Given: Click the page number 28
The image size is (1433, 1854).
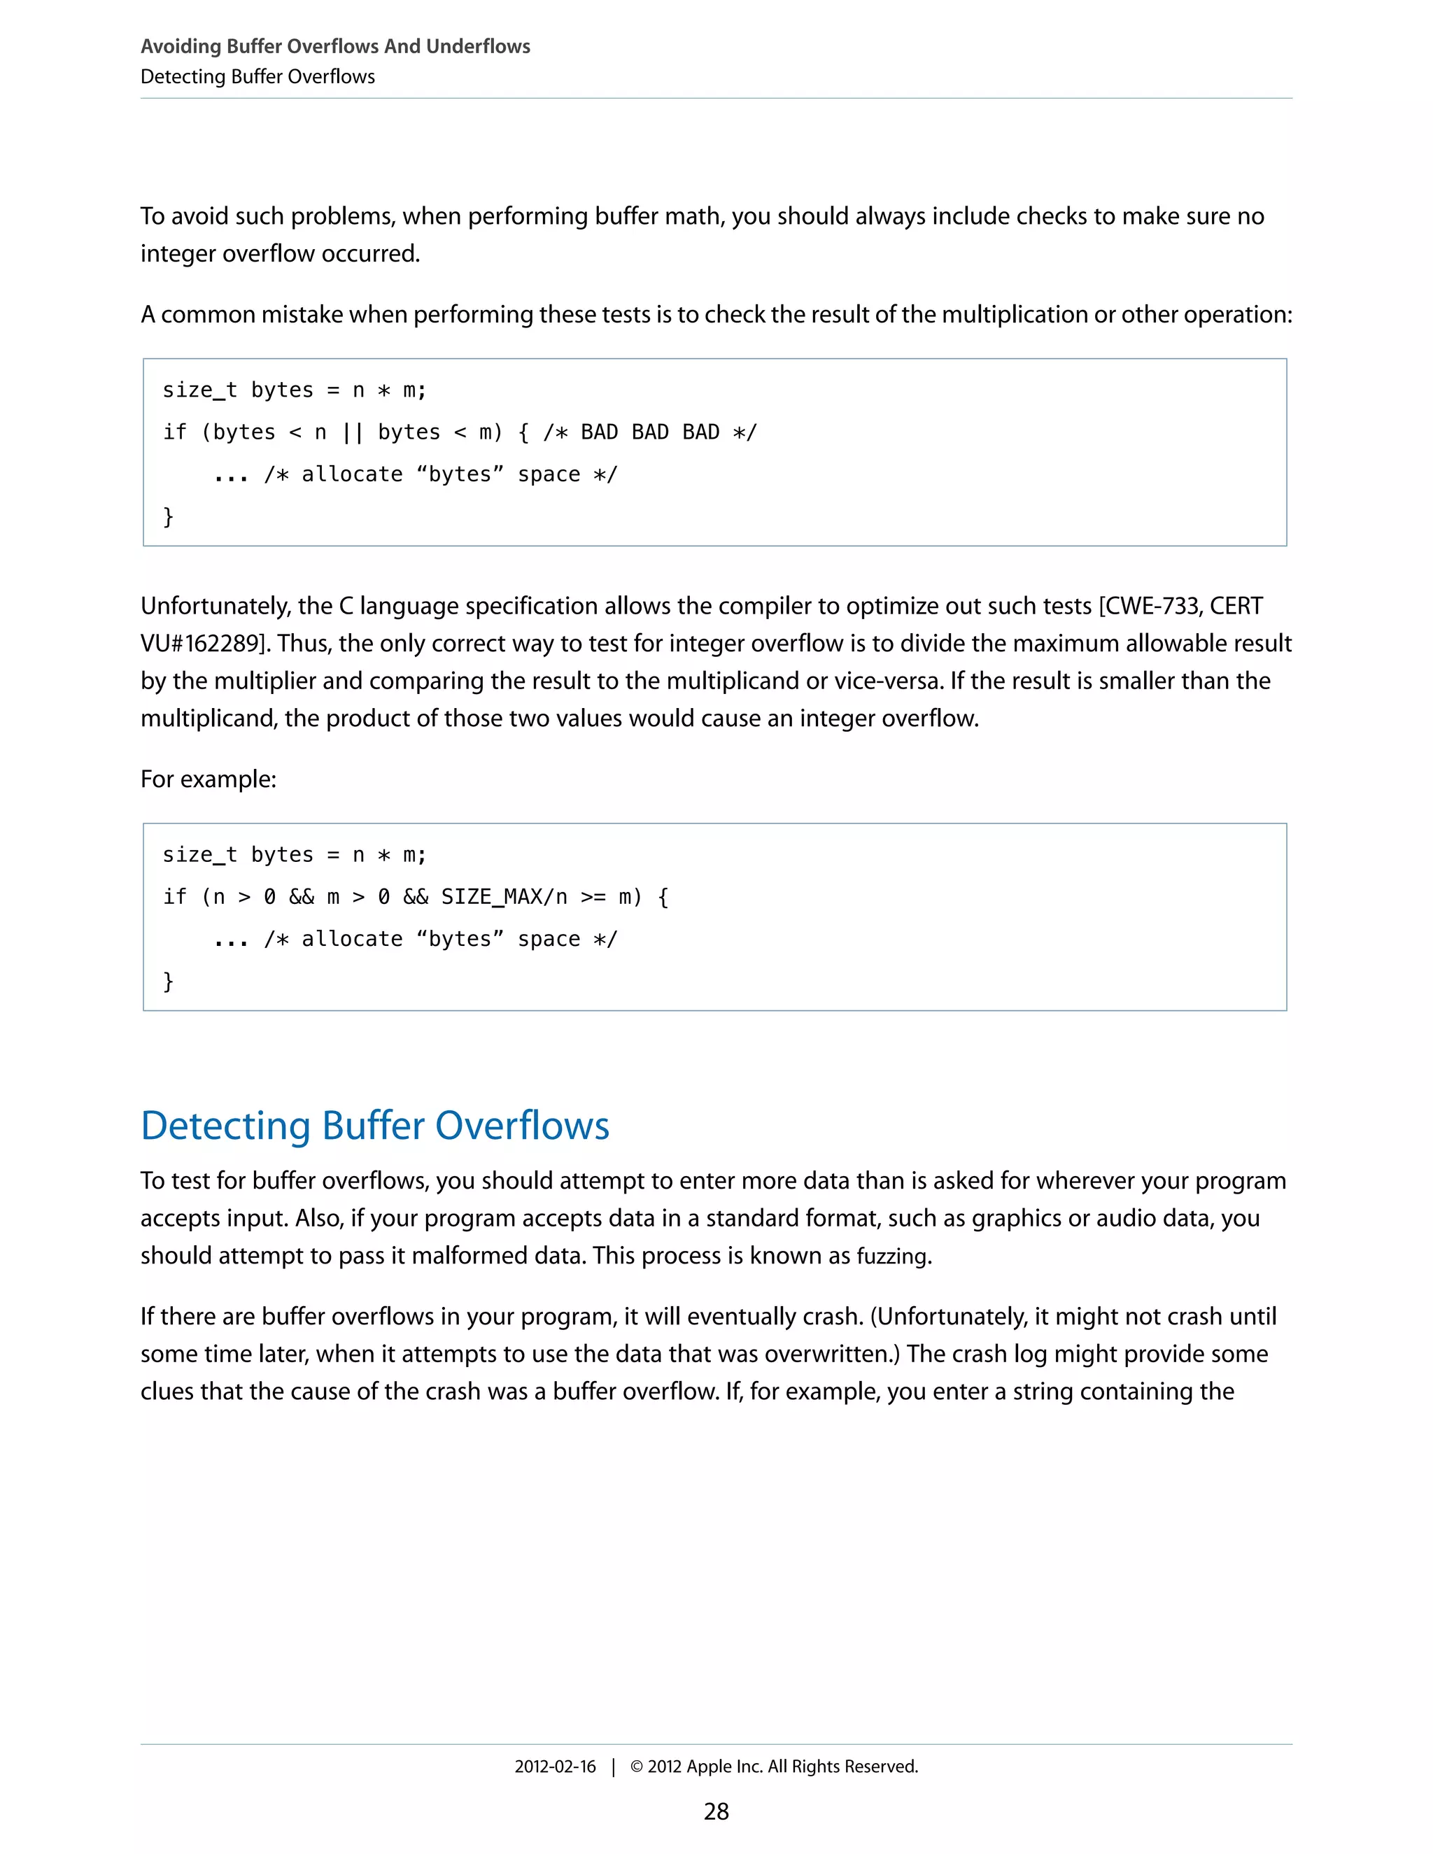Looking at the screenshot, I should pyautogui.click(x=716, y=1811).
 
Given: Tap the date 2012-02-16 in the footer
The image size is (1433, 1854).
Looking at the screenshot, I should pyautogui.click(x=554, y=1766).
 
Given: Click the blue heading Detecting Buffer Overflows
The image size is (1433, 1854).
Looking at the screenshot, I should pyautogui.click(x=374, y=1126).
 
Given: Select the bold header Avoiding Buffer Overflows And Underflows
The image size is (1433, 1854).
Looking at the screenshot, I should pyautogui.click(x=335, y=46).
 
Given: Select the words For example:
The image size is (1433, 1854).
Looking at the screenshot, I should pyautogui.click(x=208, y=779).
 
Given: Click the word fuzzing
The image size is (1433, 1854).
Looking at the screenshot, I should pyautogui.click(x=891, y=1256).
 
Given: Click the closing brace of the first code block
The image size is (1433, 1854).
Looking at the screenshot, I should pyautogui.click(x=168, y=516).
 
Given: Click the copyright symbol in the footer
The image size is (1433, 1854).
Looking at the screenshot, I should pyautogui.click(x=636, y=1767).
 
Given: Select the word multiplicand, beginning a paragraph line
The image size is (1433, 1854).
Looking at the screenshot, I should pyautogui.click(x=209, y=719).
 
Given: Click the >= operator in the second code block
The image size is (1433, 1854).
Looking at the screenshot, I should pyautogui.click(x=593, y=896).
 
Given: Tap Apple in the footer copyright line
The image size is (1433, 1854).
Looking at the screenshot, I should pyautogui.click(x=709, y=1767).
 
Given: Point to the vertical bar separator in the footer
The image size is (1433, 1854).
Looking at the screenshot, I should pyautogui.click(x=613, y=1767).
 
